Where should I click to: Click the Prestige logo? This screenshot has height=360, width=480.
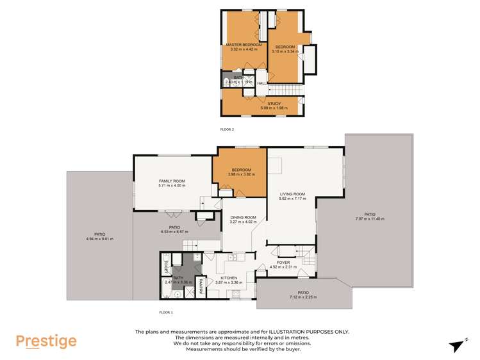coord(46,341)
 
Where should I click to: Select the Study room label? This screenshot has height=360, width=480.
coord(274,104)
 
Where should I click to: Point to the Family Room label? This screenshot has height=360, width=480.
coord(172,181)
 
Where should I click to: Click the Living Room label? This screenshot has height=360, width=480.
coord(292,194)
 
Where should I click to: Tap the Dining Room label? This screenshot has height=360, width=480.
coord(243,218)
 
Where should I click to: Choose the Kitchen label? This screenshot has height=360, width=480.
coord(229,278)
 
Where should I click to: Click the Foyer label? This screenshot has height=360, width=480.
coord(283,263)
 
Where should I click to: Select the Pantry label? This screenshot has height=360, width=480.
coord(201,282)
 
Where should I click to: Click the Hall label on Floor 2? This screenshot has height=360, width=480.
coord(261,83)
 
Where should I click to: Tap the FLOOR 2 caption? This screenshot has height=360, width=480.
coord(228,129)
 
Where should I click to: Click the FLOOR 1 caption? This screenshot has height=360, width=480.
coord(166,312)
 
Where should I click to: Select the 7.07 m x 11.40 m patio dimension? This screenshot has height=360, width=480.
coord(370,219)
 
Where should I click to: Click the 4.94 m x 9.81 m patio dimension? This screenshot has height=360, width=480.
coord(99,240)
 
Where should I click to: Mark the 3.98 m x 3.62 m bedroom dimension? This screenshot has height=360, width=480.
coord(241,174)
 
